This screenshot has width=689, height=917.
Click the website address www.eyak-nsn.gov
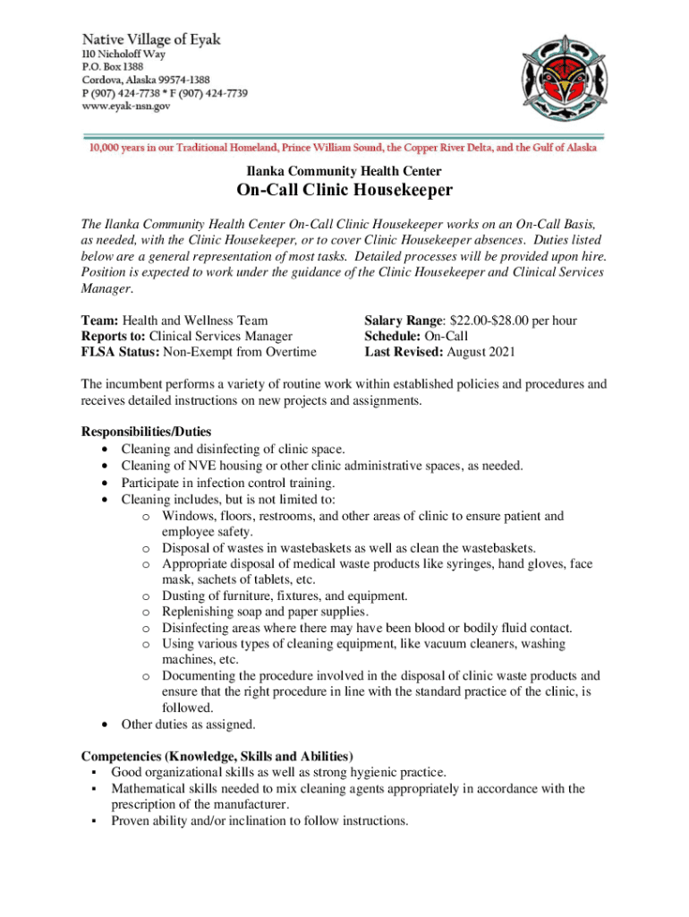coord(127,106)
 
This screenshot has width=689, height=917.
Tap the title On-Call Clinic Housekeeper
coord(344,191)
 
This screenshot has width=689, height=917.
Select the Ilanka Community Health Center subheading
coord(344,170)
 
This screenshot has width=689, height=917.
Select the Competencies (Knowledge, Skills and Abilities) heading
coord(217,756)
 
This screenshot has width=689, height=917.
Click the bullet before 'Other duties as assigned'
coord(108,724)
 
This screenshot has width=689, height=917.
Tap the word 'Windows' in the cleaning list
coord(189,517)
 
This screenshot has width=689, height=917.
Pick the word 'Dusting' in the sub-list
coord(184,596)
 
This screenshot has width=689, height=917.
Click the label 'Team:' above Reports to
coord(99,320)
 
